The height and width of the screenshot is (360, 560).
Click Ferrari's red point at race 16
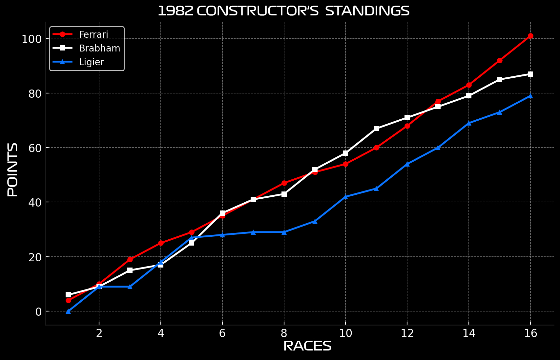pyautogui.click(x=530, y=36)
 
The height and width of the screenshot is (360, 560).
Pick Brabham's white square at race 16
pyautogui.click(x=530, y=74)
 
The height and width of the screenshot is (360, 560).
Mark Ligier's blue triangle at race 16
pyautogui.click(x=530, y=96)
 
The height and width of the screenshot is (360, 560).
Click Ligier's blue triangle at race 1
pyautogui.click(x=68, y=311)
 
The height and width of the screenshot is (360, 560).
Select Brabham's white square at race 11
pyautogui.click(x=376, y=129)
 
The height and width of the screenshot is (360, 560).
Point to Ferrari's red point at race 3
pyautogui.click(x=130, y=259)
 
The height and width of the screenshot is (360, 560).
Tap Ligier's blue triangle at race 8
pyautogui.click(x=284, y=232)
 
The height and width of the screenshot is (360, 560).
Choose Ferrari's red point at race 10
pyautogui.click(x=345, y=164)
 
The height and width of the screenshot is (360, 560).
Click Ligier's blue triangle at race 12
pyautogui.click(x=407, y=164)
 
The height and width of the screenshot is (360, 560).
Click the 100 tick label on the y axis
pyautogui.click(x=31, y=39)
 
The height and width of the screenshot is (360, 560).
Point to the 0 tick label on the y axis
pyautogui.click(x=38, y=311)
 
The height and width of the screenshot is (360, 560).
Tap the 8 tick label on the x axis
pyautogui.click(x=284, y=333)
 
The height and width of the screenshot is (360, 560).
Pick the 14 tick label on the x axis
pyautogui.click(x=469, y=333)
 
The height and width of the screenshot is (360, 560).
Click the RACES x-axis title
pyautogui.click(x=307, y=346)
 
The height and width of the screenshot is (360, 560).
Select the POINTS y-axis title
pyautogui.click(x=13, y=170)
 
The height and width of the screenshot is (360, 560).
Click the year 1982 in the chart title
pyautogui.click(x=176, y=11)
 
